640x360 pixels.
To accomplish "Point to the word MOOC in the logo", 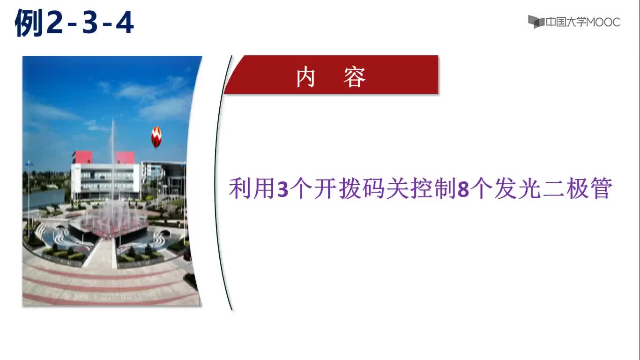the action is tap(603, 22).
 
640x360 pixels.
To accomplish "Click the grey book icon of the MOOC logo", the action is tap(536, 22).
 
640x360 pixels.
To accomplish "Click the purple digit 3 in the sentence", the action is tap(283, 189).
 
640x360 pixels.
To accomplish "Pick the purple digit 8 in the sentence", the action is tap(463, 189).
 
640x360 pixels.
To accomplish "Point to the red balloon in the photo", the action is tap(156, 137).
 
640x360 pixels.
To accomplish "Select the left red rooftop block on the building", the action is tap(82, 157).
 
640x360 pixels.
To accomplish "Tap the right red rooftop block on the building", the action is tap(125, 158).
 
